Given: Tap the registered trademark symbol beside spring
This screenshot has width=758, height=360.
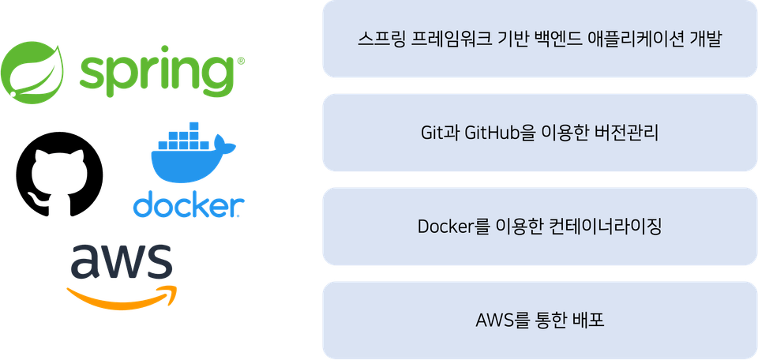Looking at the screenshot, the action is click(241, 62).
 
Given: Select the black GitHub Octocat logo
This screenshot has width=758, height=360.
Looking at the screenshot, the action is click(59, 173).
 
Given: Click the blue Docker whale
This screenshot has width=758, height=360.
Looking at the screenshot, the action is click(193, 159).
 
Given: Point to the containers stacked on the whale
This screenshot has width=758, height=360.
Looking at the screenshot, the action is click(185, 136).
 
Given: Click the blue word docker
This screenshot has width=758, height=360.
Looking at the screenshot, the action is click(189, 204).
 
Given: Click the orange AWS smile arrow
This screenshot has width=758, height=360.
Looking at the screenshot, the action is click(122, 298).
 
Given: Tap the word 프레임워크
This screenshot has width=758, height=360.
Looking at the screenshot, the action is click(448, 39).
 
